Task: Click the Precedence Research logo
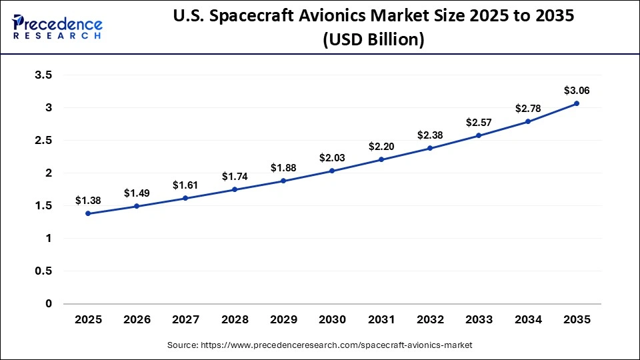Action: coord(57,26)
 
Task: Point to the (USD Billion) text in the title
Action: coord(373,40)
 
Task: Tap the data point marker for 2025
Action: coord(88,213)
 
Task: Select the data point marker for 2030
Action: coord(332,171)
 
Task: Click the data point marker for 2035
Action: coord(577,103)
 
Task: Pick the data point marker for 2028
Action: coord(235,189)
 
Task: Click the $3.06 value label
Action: coord(577,90)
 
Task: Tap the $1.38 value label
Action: coord(88,200)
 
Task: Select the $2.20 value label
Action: coord(381,146)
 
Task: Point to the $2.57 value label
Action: coord(479,122)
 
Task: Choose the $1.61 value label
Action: coord(185,185)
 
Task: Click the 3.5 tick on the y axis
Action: coord(43,75)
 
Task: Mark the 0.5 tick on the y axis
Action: coord(43,271)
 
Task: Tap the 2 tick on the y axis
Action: coord(48,173)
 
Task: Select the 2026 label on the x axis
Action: coord(137,320)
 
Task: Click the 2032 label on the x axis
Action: coord(430,320)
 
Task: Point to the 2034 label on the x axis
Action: coord(528,320)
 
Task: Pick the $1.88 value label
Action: coord(283,167)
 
